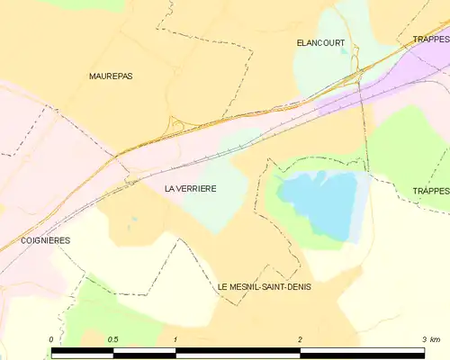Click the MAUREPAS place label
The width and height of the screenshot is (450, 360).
[x=111, y=76]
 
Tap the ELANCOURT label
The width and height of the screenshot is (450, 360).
[x=320, y=42]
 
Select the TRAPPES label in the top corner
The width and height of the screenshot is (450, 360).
[x=431, y=40]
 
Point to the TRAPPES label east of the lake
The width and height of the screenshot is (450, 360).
[x=430, y=191]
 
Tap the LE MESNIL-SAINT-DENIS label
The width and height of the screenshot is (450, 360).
[x=264, y=286]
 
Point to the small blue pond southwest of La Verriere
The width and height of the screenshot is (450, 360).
[x=132, y=219]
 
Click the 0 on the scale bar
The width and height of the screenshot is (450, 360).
[x=51, y=339]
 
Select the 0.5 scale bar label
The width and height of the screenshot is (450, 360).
[x=113, y=339]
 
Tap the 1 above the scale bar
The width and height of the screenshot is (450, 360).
[x=175, y=339]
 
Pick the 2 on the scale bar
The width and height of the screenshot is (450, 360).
[x=299, y=339]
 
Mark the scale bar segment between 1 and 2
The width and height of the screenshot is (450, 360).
[x=237, y=352]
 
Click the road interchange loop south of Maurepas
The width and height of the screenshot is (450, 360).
[x=176, y=127]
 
